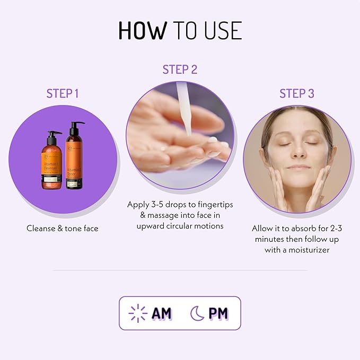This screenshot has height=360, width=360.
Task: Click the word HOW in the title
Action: (x=142, y=31)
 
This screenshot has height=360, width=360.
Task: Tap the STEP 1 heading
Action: (x=63, y=94)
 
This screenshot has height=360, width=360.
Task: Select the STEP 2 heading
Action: (x=180, y=70)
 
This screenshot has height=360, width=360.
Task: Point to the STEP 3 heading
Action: (x=297, y=94)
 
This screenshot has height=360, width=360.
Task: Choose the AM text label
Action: (x=162, y=313)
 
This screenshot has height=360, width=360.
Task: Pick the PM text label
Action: (x=218, y=313)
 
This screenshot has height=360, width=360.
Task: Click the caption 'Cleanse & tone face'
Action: (x=63, y=228)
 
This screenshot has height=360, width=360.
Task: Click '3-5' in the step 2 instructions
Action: (x=156, y=204)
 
